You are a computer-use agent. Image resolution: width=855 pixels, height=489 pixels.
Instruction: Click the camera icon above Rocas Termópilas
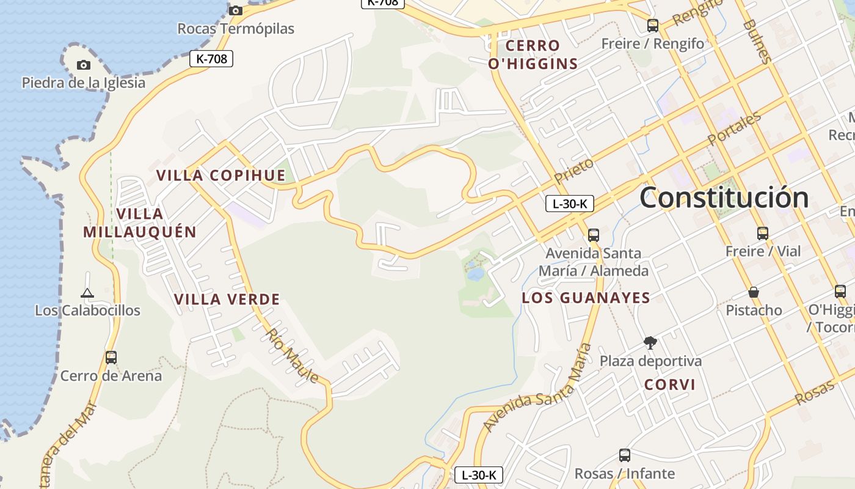[236, 10]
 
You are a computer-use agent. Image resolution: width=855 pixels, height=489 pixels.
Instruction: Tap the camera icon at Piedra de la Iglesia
[84, 65]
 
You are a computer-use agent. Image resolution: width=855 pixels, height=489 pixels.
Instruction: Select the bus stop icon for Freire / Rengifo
[653, 26]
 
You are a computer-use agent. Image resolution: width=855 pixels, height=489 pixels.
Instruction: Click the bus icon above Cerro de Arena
[111, 357]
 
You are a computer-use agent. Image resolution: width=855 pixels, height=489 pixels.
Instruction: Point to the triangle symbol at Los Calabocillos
[87, 293]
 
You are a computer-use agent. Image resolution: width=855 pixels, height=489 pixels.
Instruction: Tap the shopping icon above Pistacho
[754, 292]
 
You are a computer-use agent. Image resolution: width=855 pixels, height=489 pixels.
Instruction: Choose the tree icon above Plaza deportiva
[650, 342]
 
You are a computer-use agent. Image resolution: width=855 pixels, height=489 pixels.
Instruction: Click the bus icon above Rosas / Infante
[624, 455]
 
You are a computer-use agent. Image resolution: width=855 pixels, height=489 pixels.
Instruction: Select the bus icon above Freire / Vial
[762, 233]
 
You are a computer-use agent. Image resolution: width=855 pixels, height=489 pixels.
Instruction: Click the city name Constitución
[724, 197]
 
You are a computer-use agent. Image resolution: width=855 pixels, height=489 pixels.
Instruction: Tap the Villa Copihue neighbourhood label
[221, 175]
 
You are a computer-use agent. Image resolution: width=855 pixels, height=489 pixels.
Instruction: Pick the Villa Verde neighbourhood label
[227, 300]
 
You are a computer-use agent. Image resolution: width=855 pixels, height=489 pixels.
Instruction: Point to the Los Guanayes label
[586, 298]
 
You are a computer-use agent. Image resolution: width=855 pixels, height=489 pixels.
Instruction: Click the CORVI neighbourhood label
[670, 384]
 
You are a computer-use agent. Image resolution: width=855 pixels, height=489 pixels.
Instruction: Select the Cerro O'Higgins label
[533, 54]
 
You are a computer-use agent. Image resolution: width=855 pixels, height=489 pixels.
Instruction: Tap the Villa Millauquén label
[140, 222]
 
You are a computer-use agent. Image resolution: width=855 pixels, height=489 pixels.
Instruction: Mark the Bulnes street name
[757, 41]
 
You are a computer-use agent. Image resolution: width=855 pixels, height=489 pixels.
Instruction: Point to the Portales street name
[735, 128]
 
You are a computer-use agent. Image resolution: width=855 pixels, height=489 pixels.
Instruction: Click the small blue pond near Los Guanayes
[475, 273]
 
